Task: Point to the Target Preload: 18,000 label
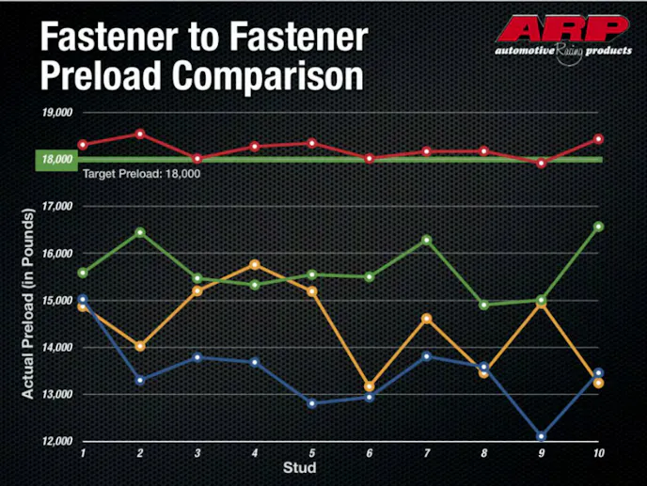[141, 174]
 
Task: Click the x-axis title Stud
[301, 467]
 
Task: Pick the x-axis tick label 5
[311, 453]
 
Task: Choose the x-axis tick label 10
[597, 453]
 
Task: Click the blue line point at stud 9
[541, 436]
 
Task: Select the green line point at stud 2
[140, 231]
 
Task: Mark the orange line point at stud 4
[255, 264]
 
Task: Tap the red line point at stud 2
[140, 133]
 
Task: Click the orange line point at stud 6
[369, 386]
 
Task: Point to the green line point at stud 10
[598, 227]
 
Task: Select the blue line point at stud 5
[311, 403]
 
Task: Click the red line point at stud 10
[598, 139]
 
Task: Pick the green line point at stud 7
[426, 240]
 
